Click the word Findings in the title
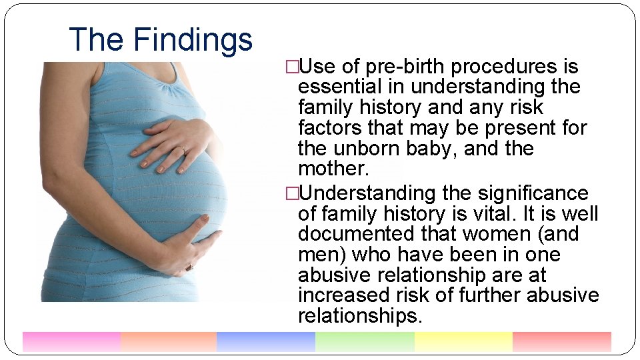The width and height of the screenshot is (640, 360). coord(193,40)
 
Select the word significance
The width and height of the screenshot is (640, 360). coord(533,193)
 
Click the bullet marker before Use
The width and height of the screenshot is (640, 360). coord(291,67)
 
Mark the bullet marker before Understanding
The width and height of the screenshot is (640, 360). coord(291,193)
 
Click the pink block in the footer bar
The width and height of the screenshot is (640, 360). coord(71,341)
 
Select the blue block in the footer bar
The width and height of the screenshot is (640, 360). coord(265,341)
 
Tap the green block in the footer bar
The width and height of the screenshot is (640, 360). coord(364,341)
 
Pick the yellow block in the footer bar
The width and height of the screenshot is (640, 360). coord(463,341)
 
